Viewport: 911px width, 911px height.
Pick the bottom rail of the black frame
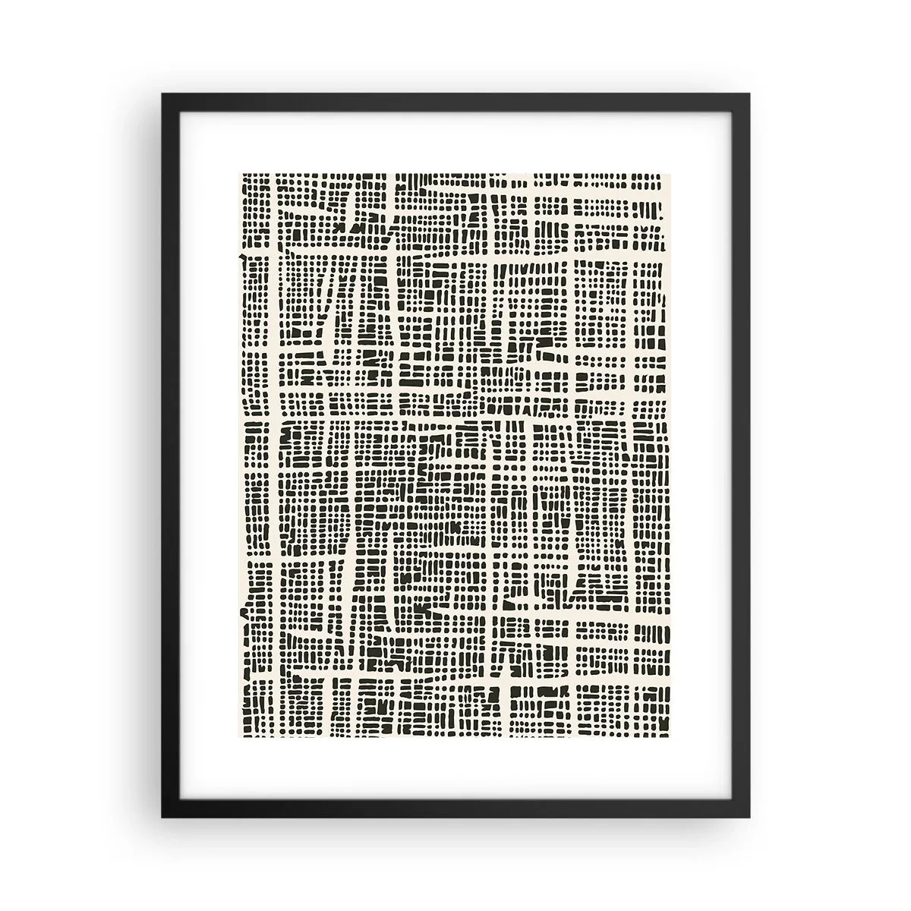[455, 810]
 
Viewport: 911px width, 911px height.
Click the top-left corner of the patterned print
[240, 173]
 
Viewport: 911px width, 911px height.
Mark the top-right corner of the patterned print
[671, 173]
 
